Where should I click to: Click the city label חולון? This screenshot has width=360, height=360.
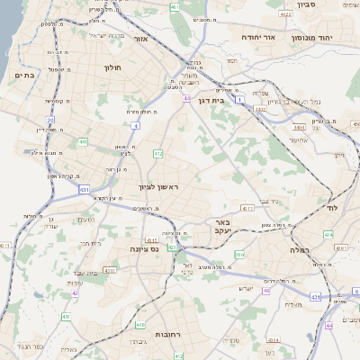click(x=112, y=67)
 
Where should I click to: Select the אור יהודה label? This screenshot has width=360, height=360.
click(x=260, y=38)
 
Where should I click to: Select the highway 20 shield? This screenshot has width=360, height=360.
click(x=50, y=119)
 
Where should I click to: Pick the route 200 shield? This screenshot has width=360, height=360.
click(x=238, y=256)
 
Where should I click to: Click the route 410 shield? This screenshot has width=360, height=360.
click(x=139, y=324)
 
